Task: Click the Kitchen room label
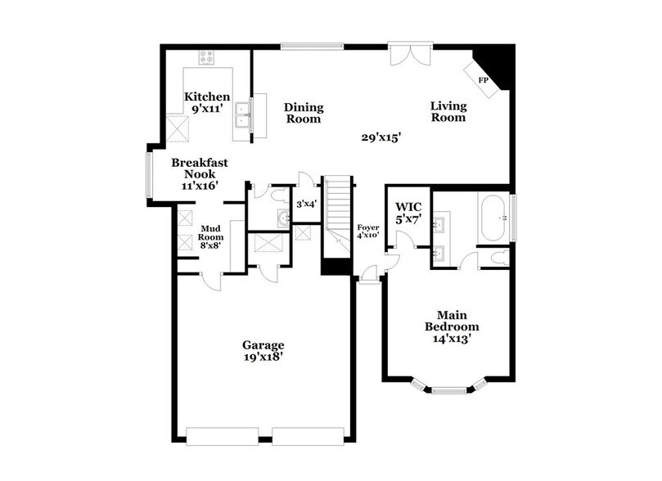(206, 97)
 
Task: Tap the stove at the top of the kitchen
(206, 57)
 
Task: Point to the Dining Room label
(304, 113)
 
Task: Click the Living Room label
(448, 111)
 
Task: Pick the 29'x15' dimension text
(381, 137)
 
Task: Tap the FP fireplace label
(483, 80)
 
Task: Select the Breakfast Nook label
(199, 169)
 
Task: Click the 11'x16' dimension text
(199, 186)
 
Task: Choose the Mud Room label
(211, 236)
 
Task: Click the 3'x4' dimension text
(306, 204)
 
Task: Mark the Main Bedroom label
(447, 321)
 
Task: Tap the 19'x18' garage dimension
(263, 357)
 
